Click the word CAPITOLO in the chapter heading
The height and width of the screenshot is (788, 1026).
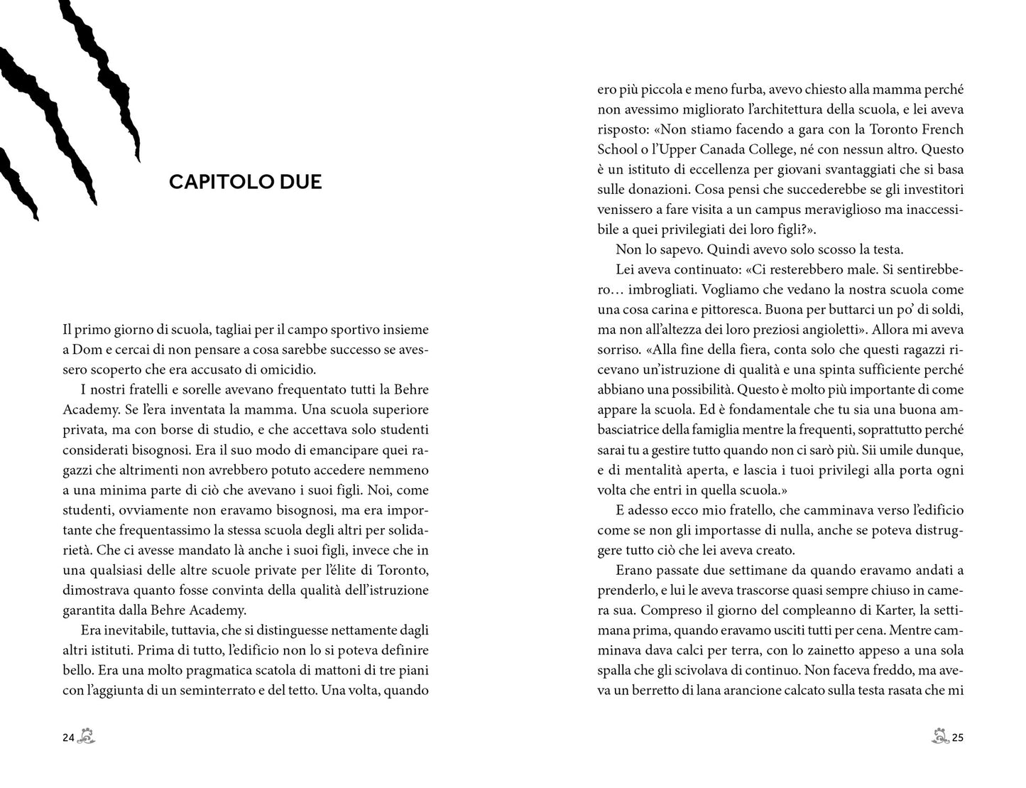coord(214,182)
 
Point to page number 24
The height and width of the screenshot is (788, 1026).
coord(69,738)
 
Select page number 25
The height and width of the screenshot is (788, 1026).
coord(957,738)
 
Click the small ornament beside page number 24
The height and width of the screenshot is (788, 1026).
coord(87,737)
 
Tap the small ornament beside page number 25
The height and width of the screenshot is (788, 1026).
coord(940,737)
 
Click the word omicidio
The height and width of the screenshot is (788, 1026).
coord(288,369)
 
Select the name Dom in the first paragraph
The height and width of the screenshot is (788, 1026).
coord(82,350)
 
